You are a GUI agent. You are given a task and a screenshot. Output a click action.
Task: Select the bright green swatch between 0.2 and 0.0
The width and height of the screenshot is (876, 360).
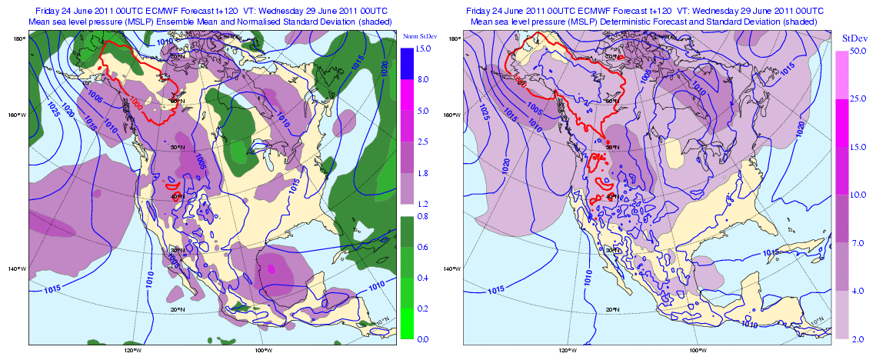pyautogui.click(x=407, y=323)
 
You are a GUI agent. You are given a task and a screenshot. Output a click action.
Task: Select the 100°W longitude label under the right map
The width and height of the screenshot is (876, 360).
pyautogui.click(x=698, y=351)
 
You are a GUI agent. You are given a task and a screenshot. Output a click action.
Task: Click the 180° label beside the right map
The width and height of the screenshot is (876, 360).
pyautogui.click(x=455, y=38)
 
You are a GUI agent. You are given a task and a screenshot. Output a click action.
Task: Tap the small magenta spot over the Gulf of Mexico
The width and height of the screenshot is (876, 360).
pyautogui.click(x=271, y=268)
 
